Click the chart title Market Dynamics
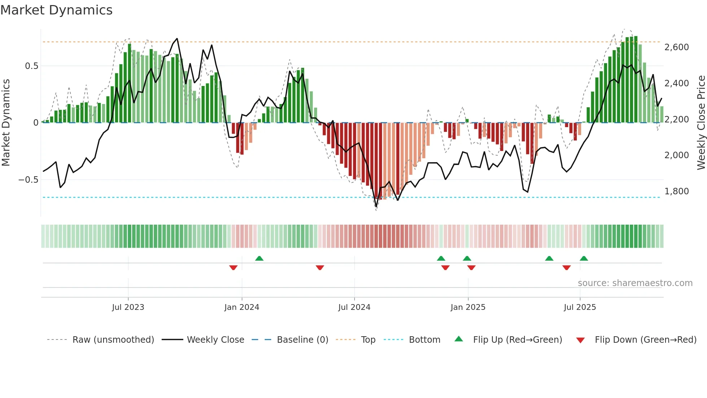point(56,10)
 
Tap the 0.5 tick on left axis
point(31,66)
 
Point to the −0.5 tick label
point(28,180)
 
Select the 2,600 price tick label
point(676,47)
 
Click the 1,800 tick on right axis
point(676,191)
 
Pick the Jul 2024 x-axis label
point(354,307)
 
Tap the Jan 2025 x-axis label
point(468,307)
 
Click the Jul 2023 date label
point(128,307)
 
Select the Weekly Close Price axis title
point(701,123)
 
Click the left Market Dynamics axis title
point(6,123)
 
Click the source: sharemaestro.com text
point(635,283)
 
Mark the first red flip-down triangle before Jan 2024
point(233,268)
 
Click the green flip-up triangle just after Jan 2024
point(259,258)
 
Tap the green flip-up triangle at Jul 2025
point(584,258)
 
